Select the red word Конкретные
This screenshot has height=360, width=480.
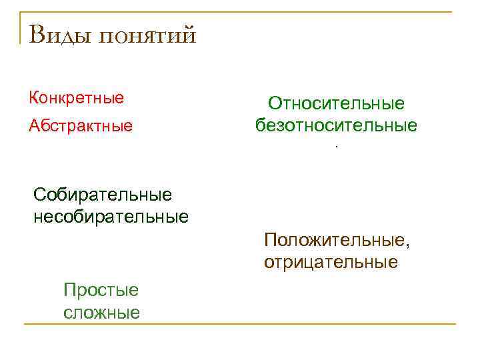(77, 99)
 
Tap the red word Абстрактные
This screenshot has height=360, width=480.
(81, 125)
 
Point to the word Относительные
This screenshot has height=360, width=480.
(337, 103)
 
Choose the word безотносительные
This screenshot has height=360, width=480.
(336, 125)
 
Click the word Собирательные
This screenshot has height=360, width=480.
(103, 195)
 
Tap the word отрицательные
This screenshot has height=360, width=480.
(331, 262)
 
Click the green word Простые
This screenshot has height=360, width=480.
(101, 290)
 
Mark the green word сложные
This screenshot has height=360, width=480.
(101, 312)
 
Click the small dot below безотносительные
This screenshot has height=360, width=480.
(337, 147)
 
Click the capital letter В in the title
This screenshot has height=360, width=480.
(38, 34)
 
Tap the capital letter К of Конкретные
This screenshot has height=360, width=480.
(33, 99)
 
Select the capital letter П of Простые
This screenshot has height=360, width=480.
(69, 290)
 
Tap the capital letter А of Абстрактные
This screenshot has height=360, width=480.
(33, 125)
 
